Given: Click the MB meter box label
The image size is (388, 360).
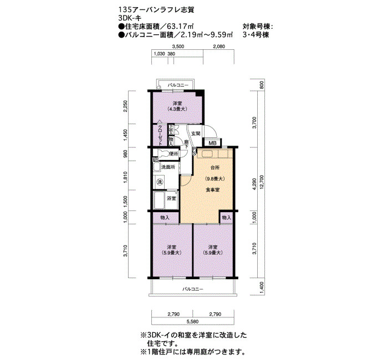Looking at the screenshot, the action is pyautogui.click(x=212, y=143).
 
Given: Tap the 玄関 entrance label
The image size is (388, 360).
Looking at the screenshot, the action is pyautogui.click(x=196, y=133).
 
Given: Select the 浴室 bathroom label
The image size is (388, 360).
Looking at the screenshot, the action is pyautogui.click(x=171, y=198).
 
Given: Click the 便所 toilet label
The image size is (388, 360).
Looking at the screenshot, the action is pyautogui.click(x=173, y=154).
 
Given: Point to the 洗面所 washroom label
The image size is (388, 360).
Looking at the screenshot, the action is pyautogui.click(x=169, y=167).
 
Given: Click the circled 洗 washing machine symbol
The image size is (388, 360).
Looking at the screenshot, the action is pyautogui.click(x=160, y=182).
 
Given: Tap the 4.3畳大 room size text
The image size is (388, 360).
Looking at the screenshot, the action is pyautogui.click(x=177, y=109).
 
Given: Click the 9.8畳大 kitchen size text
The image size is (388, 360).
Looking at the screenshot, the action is pyautogui.click(x=215, y=179).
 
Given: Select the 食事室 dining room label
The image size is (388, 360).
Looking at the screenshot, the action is pyautogui.click(x=213, y=190).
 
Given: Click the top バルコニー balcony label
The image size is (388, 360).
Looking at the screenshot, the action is pyautogui.click(x=178, y=85).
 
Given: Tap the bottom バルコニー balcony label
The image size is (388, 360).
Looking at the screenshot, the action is pyautogui.click(x=193, y=289).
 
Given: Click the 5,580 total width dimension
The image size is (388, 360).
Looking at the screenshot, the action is pyautogui.click(x=193, y=321).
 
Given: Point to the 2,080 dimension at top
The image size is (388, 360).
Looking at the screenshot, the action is pyautogui.click(x=219, y=46).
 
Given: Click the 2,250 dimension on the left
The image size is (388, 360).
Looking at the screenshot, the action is pyautogui.click(x=125, y=106).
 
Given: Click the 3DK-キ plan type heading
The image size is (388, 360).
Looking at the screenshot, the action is pyautogui.click(x=130, y=18).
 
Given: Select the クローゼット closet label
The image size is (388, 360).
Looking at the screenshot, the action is pyautogui.click(x=160, y=135).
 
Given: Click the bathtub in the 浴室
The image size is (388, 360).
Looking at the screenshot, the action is pyautogui.click(x=160, y=200).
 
